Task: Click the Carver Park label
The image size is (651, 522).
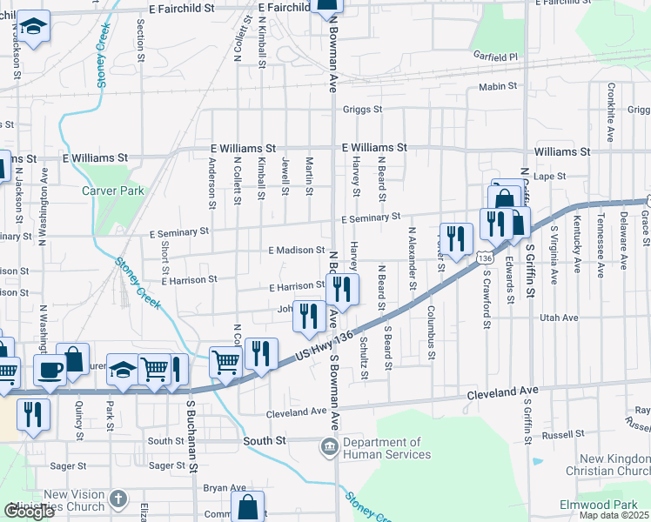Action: coord(112,191)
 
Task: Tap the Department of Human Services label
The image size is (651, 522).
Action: coord(386,448)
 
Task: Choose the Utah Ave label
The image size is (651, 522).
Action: coord(559,318)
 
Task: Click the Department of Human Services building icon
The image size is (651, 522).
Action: coord(330,448)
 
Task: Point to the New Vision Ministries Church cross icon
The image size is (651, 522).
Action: coord(118,500)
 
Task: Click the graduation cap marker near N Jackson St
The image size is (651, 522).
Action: coord(36,29)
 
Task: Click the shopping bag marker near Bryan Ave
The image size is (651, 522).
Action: coord(248,505)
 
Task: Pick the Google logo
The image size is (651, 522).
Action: coord(28,512)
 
